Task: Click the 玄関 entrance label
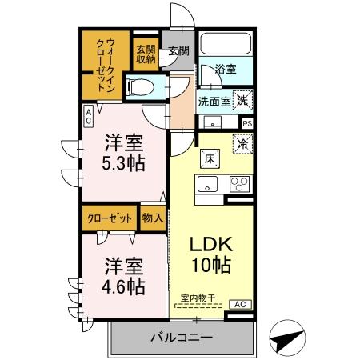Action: [179, 52]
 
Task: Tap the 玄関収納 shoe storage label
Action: [146, 52]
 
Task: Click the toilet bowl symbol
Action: [142, 86]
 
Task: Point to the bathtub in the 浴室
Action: [224, 46]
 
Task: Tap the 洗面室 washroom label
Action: [214, 101]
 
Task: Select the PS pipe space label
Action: [247, 123]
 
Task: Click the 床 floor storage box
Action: [206, 158]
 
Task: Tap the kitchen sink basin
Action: [209, 184]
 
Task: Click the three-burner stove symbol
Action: [239, 183]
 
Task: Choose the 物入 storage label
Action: [153, 217]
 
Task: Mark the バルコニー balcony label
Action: [182, 338]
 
